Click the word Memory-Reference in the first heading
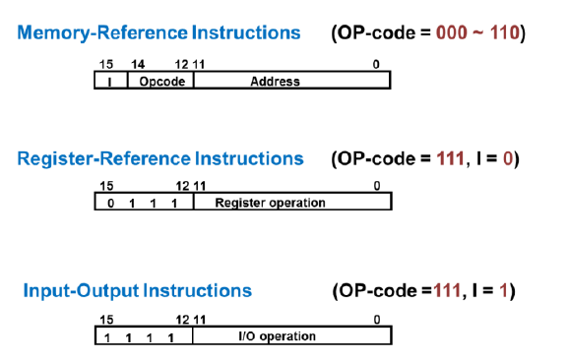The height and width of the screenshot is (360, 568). [x=102, y=32]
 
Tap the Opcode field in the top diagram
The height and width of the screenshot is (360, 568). [x=160, y=80]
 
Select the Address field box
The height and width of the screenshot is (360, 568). [x=292, y=80]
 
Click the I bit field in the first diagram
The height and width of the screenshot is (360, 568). [x=111, y=80]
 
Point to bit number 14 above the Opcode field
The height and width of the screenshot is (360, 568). [x=138, y=64]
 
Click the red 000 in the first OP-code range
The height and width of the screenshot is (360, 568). [x=452, y=32]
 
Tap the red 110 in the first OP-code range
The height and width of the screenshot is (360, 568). [x=505, y=32]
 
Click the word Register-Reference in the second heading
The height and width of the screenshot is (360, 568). [x=104, y=158]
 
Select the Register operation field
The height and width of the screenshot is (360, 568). [x=292, y=202]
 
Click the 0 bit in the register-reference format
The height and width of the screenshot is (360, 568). [x=111, y=204]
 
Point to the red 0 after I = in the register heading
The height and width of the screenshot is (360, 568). [x=508, y=158]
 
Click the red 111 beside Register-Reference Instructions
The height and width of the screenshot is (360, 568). [x=450, y=158]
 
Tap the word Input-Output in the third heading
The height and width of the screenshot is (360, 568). [x=81, y=290]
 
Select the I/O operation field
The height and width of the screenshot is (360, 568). [x=292, y=335]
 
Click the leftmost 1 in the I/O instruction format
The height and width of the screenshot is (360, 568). [x=107, y=338]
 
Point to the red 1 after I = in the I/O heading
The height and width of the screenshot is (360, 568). [x=503, y=290]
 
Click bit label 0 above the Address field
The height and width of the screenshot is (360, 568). [x=376, y=64]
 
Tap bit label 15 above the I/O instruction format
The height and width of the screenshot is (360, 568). [x=106, y=320]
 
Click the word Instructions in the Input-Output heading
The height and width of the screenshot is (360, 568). [x=198, y=290]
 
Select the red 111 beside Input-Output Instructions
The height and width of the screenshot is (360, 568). [x=447, y=290]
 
